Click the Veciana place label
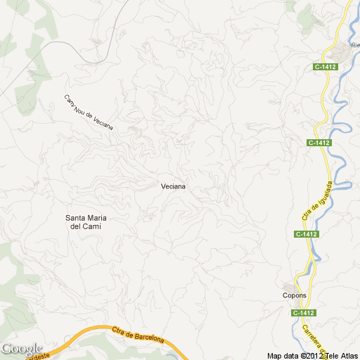click(x=173, y=186)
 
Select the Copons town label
click(x=295, y=295)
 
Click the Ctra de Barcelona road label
click(x=138, y=334)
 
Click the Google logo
click(x=22, y=349)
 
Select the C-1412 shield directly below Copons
click(x=304, y=312)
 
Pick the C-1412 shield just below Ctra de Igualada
click(x=307, y=234)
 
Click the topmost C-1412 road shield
click(x=326, y=67)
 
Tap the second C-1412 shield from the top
click(x=319, y=143)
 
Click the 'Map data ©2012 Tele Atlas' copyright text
click(x=312, y=355)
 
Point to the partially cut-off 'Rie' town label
click(x=354, y=46)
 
